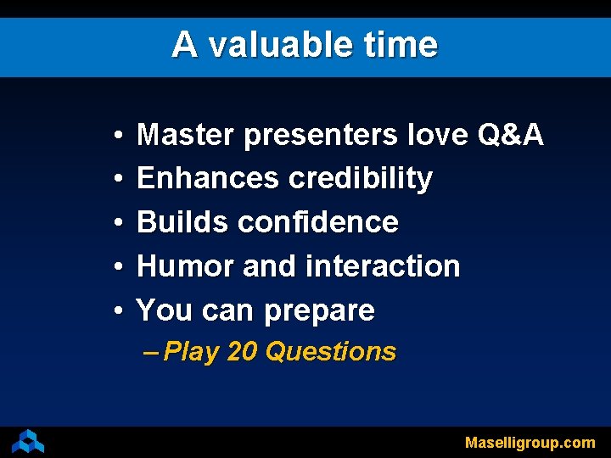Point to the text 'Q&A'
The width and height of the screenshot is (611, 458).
pos(510,134)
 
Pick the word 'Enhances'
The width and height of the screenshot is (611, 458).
pos(208,178)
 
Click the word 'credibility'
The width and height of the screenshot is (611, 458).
pos(361,179)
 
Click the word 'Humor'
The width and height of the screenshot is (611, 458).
pos(186,266)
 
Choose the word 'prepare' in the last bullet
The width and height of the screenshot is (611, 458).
pos(319,311)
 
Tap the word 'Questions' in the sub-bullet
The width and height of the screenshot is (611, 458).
pos(331,352)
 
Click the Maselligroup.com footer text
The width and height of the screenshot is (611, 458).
pos(530,443)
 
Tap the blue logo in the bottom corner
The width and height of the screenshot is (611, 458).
pos(27,441)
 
